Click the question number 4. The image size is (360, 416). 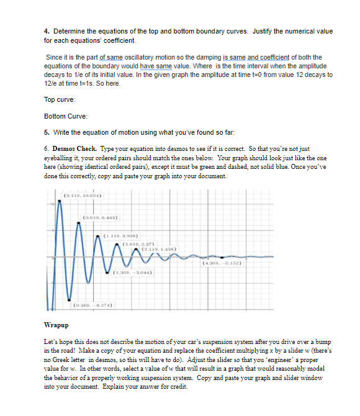pyautogui.click(x=47, y=31)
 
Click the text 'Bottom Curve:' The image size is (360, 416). pyautogui.click(x=64, y=116)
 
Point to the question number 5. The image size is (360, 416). pyautogui.click(x=47, y=132)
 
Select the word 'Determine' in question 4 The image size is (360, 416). pyautogui.click(x=70, y=31)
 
